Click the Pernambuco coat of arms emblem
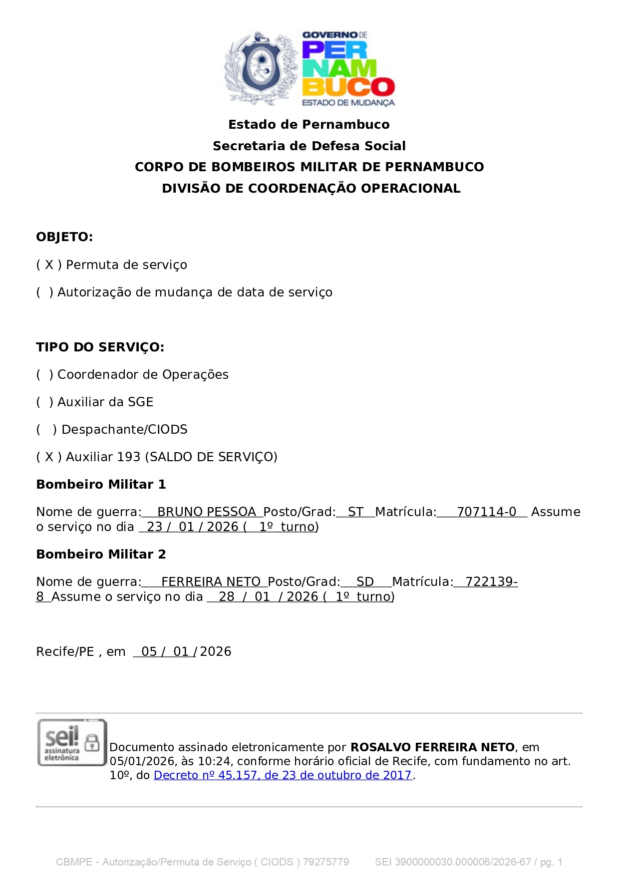tap(261, 69)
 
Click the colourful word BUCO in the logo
tap(348, 87)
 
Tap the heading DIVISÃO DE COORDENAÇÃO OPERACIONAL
tap(311, 188)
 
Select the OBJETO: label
tap(64, 237)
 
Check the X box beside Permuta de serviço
tap(49, 265)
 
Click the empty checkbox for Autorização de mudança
tap(44, 292)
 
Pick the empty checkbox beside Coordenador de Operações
tap(44, 374)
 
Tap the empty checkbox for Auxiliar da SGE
tap(44, 402)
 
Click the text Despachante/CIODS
tap(124, 429)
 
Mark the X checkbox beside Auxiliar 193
tap(49, 457)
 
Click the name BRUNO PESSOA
tap(206, 512)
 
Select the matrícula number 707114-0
tap(486, 512)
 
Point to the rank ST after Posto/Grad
tap(355, 512)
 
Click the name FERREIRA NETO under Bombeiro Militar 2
tap(211, 582)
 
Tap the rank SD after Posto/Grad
tap(365, 582)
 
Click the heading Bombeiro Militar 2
tap(101, 554)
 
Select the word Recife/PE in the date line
tap(65, 651)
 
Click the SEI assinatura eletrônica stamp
tap(71, 743)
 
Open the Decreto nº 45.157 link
tap(283, 775)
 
